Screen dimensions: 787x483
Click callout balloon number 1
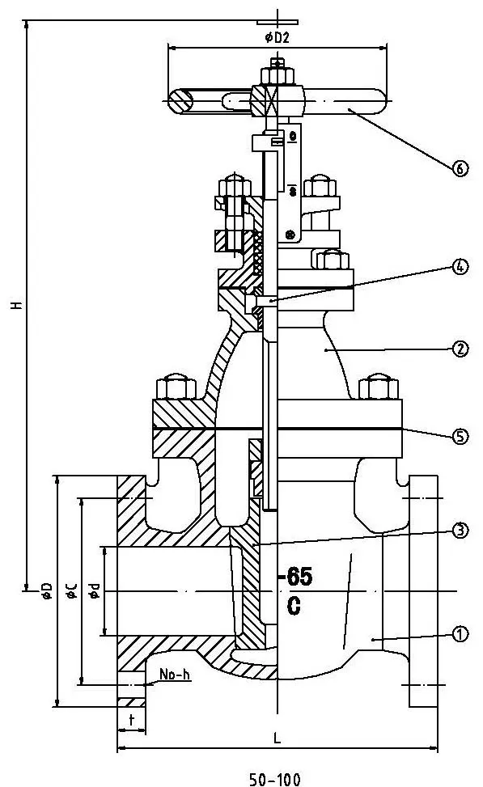pos(460,634)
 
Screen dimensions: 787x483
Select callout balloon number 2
pos(459,349)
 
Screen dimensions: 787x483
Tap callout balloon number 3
pos(459,531)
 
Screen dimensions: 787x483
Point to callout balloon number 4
pos(459,268)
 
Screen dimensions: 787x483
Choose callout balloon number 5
pos(459,436)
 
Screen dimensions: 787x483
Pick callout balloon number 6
pos(459,168)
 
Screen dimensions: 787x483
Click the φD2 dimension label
pos(277,37)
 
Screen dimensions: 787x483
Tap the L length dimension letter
pos(277,738)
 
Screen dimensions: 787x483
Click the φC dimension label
pos(71,591)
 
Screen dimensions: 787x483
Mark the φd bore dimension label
pos(95,591)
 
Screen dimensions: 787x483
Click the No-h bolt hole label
pos(175,675)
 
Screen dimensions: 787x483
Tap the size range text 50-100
pos(274,780)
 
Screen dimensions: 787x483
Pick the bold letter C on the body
pos(294,606)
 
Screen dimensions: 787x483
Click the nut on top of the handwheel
pos(278,75)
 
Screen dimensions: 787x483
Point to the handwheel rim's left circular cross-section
pos(180,100)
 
